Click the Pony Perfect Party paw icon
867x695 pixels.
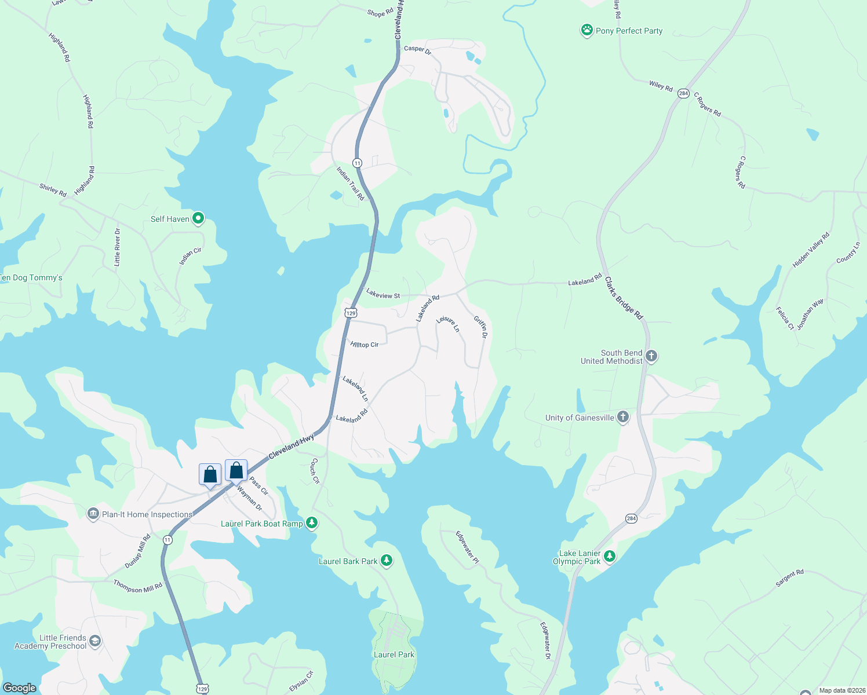pos(587,30)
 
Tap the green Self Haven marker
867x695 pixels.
pos(198,218)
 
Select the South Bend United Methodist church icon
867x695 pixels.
pos(651,356)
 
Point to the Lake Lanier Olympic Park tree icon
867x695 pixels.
pos(609,557)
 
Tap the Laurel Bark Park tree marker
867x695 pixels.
pos(387,561)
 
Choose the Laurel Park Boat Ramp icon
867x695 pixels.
pos(312,523)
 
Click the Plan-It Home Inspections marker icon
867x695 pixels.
pos(93,514)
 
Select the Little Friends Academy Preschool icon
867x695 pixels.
pos(95,641)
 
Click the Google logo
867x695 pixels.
pos(20,687)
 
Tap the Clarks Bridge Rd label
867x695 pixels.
pos(624,298)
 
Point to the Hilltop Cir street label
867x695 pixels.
pos(365,344)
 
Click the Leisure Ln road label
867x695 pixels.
pos(448,324)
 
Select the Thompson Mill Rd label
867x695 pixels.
pos(138,586)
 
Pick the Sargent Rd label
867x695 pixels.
pos(789,578)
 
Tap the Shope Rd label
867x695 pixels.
pos(380,12)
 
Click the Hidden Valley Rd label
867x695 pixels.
pos(811,250)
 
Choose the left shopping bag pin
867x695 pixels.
pos(210,474)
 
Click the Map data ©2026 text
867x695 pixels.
pos(842,690)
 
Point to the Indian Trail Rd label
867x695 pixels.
pos(351,184)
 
